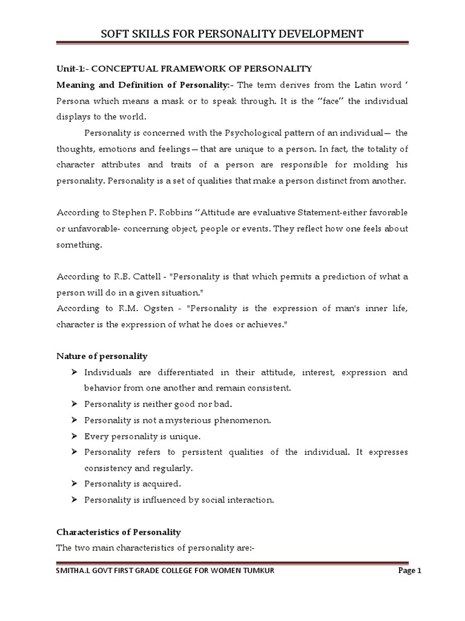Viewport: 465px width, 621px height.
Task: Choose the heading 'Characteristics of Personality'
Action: tap(119, 532)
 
